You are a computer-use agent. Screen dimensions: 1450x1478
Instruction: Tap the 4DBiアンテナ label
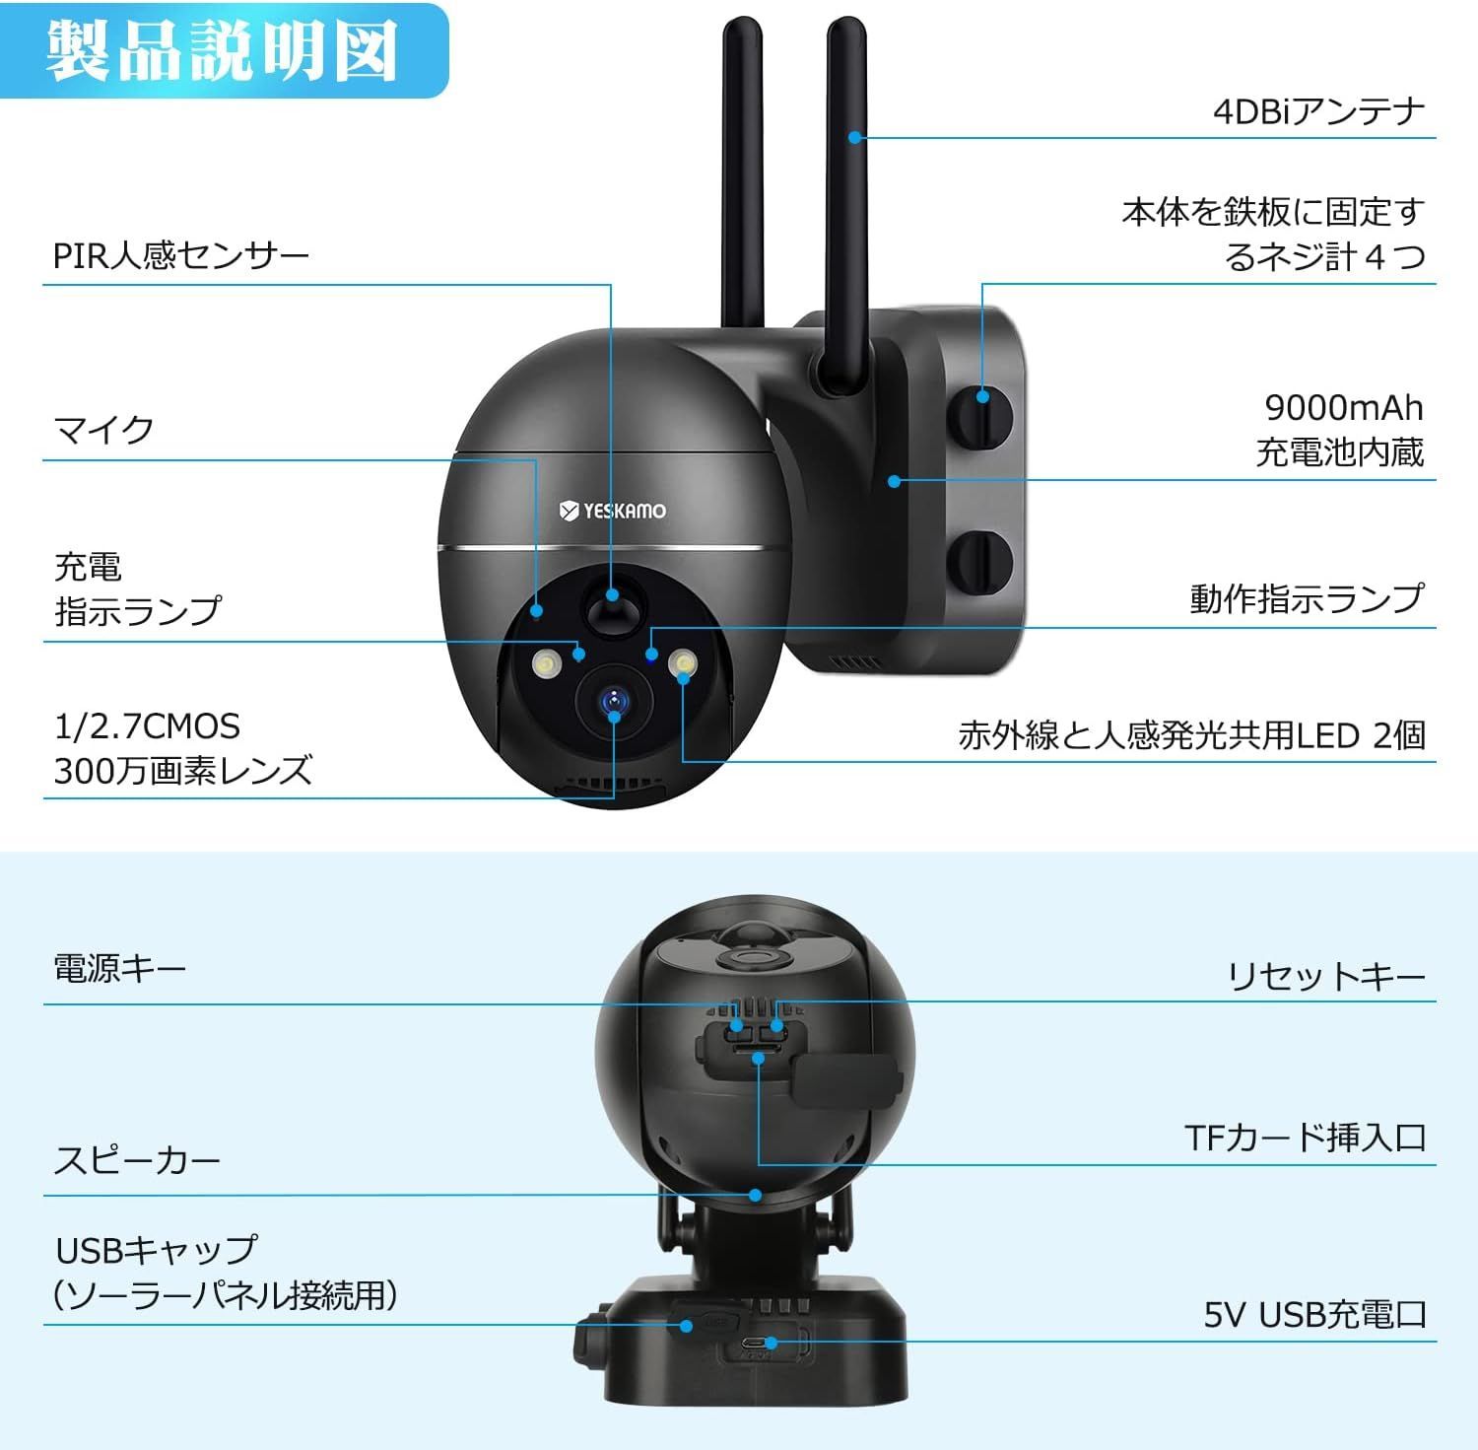(1318, 110)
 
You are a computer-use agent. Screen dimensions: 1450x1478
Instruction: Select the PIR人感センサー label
(181, 256)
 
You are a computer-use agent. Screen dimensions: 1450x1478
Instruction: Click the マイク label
(104, 430)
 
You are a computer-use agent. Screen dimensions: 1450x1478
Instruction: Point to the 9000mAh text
(1344, 407)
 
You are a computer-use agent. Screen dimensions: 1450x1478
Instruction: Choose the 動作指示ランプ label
(1307, 598)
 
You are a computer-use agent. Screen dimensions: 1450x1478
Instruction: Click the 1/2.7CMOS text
(147, 726)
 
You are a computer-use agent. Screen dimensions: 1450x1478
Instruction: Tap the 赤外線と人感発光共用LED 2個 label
(1191, 735)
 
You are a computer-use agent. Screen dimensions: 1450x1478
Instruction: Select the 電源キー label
(119, 969)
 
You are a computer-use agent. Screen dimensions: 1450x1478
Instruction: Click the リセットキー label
(1326, 976)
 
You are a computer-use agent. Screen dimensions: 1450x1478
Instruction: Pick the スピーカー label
(137, 1160)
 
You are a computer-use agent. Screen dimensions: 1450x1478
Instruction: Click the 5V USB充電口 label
(1314, 1314)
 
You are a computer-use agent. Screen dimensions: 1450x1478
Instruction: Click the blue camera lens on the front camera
(614, 702)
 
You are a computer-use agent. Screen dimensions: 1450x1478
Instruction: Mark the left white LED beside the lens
(545, 665)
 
